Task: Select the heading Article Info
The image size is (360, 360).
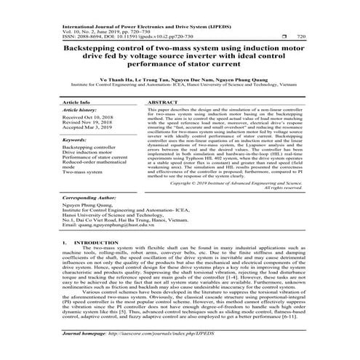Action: pos(76,104)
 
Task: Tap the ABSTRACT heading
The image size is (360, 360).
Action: pos(164,104)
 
